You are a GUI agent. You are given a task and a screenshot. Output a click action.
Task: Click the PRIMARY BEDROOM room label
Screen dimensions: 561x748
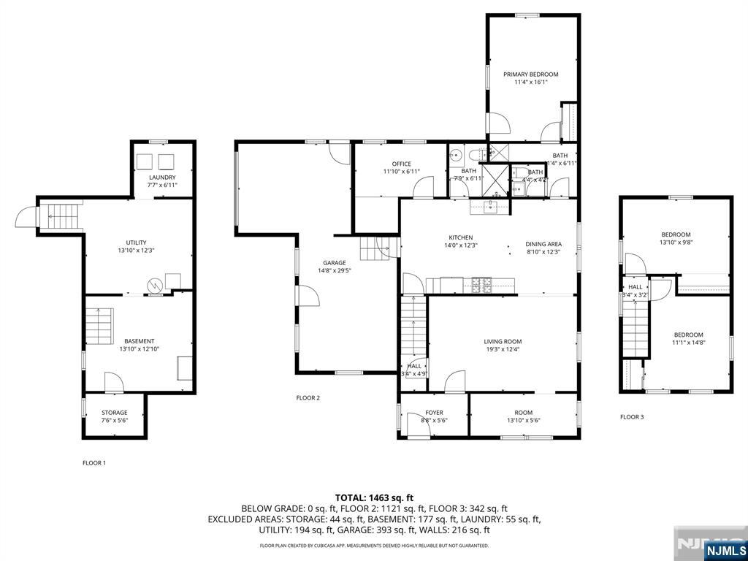click(x=530, y=75)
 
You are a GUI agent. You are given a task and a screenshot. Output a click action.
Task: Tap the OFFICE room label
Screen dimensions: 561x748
click(x=401, y=164)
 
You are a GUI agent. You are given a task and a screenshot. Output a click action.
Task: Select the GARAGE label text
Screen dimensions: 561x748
click(x=335, y=263)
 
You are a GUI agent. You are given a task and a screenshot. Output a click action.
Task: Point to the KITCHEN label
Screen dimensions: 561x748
click(x=460, y=237)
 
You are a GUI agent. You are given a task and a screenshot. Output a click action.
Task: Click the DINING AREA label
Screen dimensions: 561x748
click(x=543, y=243)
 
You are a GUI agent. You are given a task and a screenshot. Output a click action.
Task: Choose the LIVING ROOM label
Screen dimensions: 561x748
click(x=503, y=341)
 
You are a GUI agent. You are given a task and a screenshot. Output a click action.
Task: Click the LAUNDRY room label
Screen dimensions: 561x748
click(x=162, y=178)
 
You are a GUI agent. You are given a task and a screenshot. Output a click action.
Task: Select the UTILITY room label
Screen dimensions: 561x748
click(x=137, y=243)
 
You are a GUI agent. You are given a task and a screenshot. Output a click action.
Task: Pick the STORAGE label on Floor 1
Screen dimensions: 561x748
click(x=114, y=413)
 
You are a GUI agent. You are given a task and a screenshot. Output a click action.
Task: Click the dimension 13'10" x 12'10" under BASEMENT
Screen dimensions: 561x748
click(x=139, y=349)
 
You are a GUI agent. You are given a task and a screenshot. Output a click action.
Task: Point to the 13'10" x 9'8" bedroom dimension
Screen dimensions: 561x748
click(x=675, y=243)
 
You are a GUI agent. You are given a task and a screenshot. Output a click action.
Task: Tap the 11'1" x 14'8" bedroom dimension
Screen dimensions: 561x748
click(x=688, y=342)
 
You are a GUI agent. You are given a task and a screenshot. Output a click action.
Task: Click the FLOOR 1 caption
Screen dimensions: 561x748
click(x=93, y=462)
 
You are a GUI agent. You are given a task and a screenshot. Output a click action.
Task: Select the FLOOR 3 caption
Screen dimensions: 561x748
click(x=632, y=417)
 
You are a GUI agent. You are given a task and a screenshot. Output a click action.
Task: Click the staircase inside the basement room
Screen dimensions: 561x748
click(x=99, y=326)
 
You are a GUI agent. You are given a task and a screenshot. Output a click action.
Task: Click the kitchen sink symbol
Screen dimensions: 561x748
click(x=489, y=207)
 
